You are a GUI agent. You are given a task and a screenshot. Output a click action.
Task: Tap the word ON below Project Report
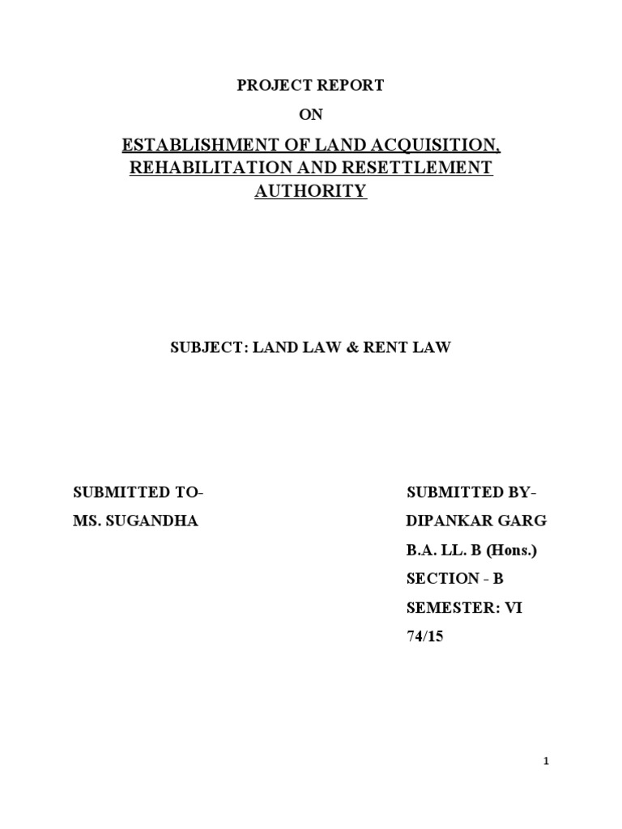[x=311, y=116]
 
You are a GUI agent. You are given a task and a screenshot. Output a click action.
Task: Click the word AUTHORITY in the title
[x=311, y=192]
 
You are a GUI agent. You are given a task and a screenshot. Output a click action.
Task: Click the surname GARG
[x=519, y=521]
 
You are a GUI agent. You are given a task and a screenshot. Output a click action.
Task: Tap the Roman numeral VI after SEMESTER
[x=514, y=608]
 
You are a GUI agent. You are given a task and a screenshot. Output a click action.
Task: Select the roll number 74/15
[x=425, y=637]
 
